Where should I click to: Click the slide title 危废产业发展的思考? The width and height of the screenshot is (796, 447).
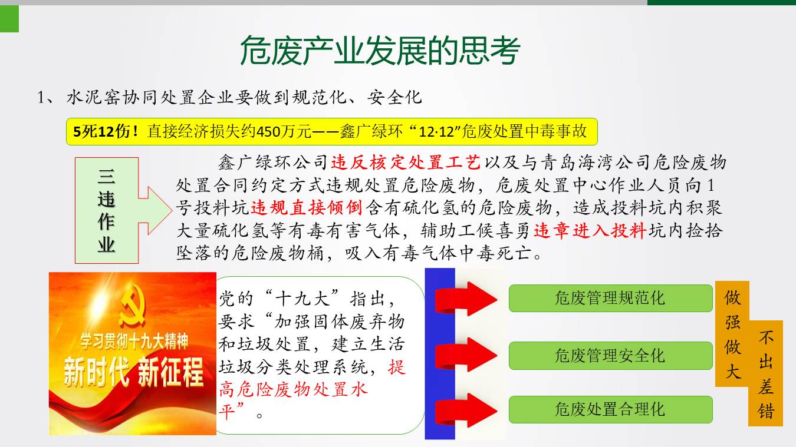(x=380, y=51)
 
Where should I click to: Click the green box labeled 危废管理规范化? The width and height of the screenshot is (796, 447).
(x=610, y=298)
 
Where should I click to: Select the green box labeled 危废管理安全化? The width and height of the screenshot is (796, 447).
(x=610, y=356)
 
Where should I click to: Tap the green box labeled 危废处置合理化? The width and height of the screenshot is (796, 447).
(x=610, y=409)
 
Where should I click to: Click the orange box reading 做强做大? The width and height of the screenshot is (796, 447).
(x=732, y=333)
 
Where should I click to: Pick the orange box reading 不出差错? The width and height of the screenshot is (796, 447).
(x=766, y=373)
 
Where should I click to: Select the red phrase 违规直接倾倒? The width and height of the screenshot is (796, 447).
(x=306, y=207)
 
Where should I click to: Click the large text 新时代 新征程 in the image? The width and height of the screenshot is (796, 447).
(x=133, y=372)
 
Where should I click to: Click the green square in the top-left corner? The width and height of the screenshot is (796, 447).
(x=9, y=19)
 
